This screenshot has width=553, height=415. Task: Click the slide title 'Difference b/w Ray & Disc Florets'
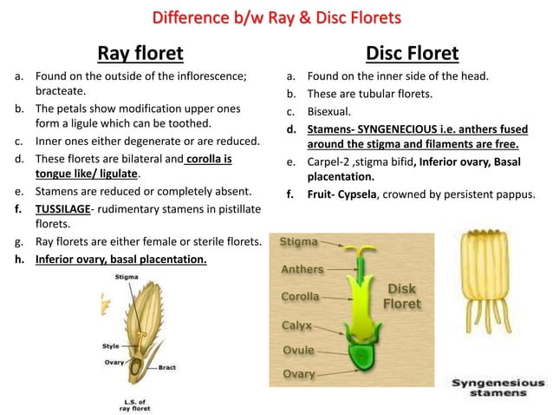point(276,18)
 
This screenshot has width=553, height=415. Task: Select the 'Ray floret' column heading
point(140,54)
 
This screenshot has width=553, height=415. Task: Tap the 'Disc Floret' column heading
point(412,54)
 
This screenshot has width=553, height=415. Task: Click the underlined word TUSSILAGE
point(64,209)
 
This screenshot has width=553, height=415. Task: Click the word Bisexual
point(329,111)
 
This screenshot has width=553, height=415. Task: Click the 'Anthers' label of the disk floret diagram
point(303,269)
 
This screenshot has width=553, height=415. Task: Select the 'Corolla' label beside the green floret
point(301,297)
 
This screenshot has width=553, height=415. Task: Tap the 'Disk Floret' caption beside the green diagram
point(402,297)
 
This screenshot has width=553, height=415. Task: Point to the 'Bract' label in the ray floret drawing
point(167,367)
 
